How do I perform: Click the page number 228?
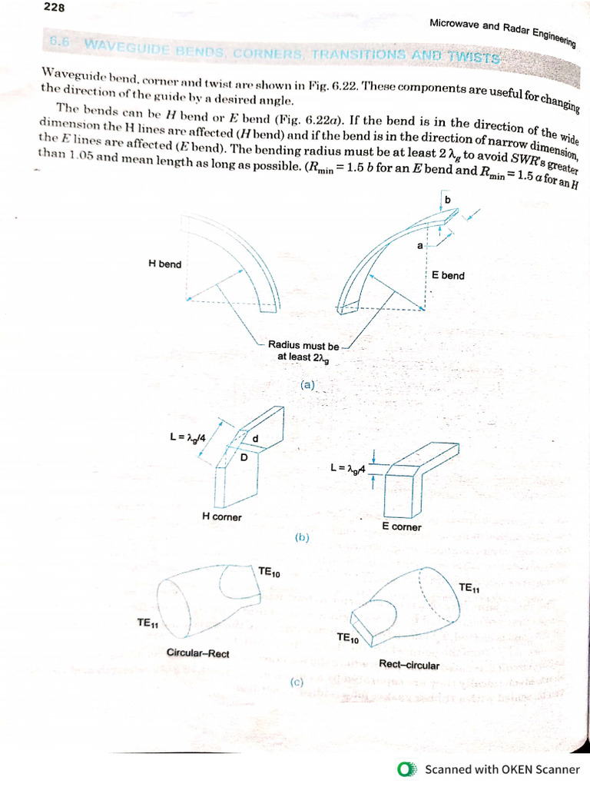tap(55, 8)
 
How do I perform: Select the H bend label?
tap(164, 265)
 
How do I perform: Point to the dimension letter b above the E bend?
tap(448, 201)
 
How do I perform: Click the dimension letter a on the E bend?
tap(419, 246)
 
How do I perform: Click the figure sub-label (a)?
tap(309, 384)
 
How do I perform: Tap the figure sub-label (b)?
tap(302, 538)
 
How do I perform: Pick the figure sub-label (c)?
tap(297, 682)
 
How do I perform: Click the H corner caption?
tap(221, 517)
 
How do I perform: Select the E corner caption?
tap(401, 526)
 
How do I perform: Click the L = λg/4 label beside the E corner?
tap(348, 467)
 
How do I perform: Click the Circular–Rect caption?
tap(197, 653)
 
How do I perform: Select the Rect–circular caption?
tap(409, 664)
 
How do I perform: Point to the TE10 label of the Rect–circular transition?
tap(347, 639)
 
